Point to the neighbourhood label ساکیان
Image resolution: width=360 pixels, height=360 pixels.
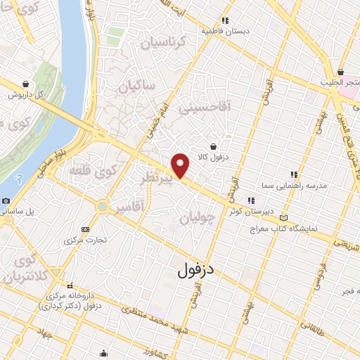[x=136, y=88]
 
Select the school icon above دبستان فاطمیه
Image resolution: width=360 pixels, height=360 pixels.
[x=225, y=20]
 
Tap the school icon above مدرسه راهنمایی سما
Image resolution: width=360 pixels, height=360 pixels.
[x=294, y=174]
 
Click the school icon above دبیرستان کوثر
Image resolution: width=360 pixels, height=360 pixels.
[x=251, y=200]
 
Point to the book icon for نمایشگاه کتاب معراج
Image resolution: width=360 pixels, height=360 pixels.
[x=283, y=217]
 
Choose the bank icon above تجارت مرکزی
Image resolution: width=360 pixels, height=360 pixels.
[x=86, y=229]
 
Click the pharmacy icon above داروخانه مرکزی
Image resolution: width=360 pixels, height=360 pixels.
[x=70, y=286]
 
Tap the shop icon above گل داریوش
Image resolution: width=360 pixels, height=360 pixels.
[x=26, y=84]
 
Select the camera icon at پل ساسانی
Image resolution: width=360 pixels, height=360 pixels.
[x=6, y=200]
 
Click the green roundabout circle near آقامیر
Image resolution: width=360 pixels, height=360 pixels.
[x=103, y=207]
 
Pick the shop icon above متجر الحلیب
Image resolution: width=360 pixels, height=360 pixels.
[x=341, y=72]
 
